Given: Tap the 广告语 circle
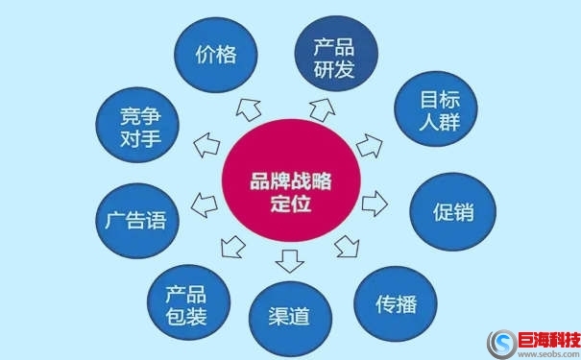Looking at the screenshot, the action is point(134,221).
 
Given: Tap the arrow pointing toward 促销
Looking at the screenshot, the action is point(375,203).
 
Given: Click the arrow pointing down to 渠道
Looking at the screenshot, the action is point(288,259).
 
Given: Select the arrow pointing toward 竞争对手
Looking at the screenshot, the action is point(206,146).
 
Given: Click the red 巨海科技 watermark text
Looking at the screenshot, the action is point(548,338).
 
